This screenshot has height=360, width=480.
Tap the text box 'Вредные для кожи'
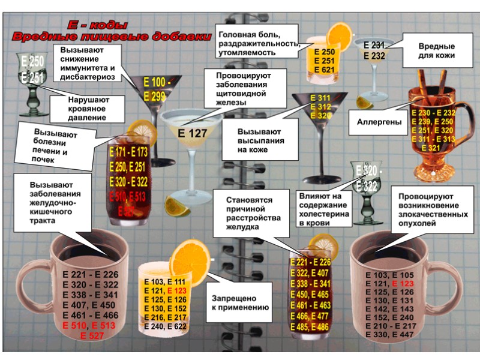pyautogui.click(x=436, y=50)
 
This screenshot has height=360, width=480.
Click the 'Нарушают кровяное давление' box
pyautogui.click(x=91, y=109)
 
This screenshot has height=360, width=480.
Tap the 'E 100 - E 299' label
pyautogui.click(x=157, y=88)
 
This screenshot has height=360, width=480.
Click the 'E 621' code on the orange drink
pyautogui.click(x=325, y=70)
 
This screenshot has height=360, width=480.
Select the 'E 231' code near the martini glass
pyautogui.click(x=374, y=45)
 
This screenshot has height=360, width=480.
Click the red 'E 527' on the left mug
pyautogui.click(x=91, y=335)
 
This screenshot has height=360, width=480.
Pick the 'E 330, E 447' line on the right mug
pyautogui.click(x=390, y=334)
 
